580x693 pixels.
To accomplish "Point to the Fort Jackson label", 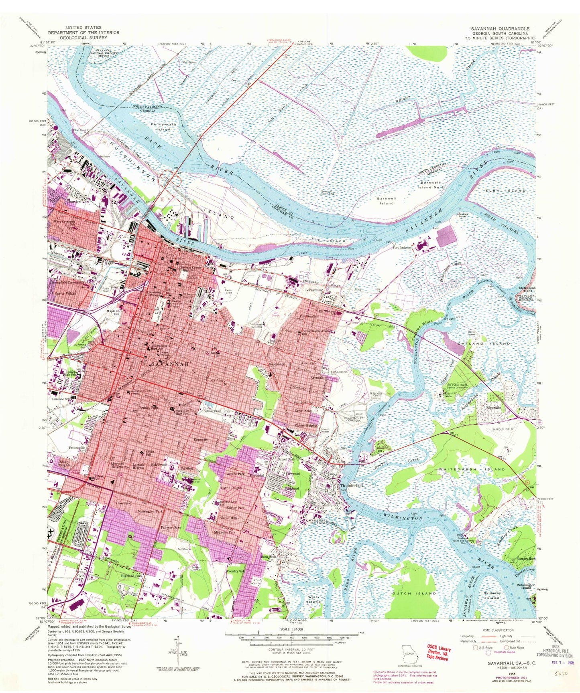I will tap(402, 248).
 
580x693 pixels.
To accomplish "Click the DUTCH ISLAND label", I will tap(413, 593).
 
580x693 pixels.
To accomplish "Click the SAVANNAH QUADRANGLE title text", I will tap(500, 29).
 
